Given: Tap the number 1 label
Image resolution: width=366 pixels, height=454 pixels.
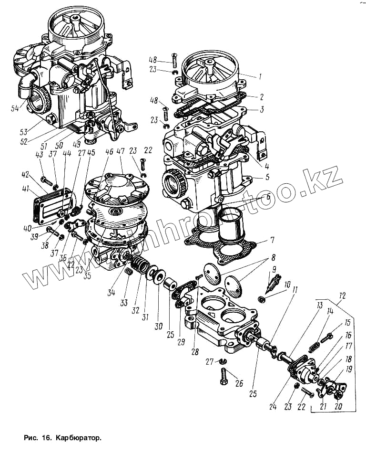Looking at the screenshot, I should [x=261, y=76].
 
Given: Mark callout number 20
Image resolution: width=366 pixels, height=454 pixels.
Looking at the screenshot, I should [x=339, y=406].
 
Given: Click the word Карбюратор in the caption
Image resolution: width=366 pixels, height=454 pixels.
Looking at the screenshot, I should [x=79, y=437].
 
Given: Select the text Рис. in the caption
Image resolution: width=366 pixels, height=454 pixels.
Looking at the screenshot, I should [x=30, y=437].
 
